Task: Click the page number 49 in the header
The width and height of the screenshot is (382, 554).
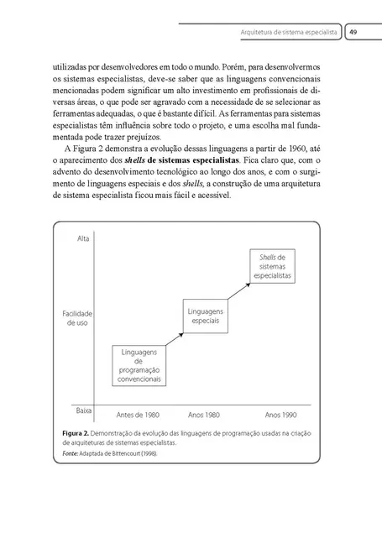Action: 354,31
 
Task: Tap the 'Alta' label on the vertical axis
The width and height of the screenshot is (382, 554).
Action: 82,239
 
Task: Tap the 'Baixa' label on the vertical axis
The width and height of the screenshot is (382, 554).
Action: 83,411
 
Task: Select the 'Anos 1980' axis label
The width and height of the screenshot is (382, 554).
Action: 203,415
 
